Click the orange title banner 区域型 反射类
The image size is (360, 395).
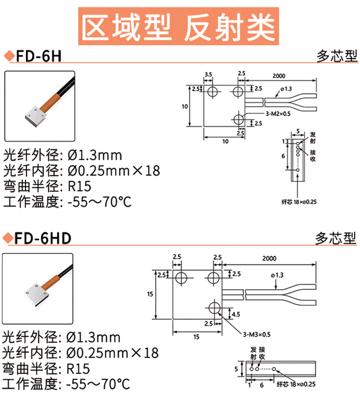point(179,26)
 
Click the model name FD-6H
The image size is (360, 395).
point(39,56)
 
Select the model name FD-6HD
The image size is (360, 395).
point(43,238)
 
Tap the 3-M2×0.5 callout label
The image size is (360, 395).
point(278,114)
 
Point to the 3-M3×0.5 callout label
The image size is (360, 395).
point(257,334)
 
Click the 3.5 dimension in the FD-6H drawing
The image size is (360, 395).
point(208,74)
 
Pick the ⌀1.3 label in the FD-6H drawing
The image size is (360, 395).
point(286,89)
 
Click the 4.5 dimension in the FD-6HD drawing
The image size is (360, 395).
point(236,314)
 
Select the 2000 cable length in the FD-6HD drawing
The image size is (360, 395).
point(269,258)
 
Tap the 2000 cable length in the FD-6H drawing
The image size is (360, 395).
point(279,76)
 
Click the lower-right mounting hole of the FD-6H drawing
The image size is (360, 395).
point(239,119)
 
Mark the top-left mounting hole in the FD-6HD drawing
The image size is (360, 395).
point(181,278)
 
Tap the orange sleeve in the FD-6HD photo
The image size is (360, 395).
point(50,282)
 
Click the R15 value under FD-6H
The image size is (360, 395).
point(79,186)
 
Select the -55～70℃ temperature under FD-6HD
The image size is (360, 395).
point(98,383)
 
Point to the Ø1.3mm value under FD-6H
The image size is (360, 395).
point(95,155)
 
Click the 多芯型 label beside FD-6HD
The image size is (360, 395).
point(336,238)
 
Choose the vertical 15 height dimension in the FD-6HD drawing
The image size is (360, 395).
point(150,294)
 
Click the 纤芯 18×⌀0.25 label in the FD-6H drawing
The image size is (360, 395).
point(299,202)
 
